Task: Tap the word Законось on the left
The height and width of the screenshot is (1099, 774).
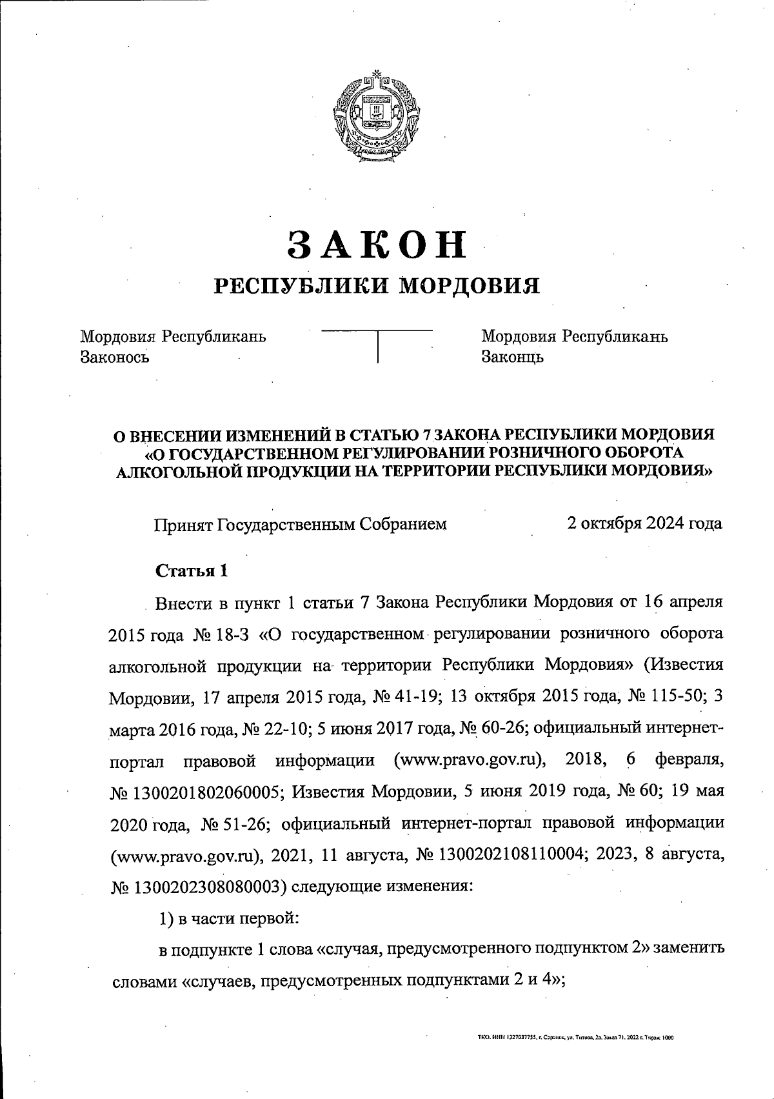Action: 115,356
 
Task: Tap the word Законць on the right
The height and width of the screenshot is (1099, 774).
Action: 513,356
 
